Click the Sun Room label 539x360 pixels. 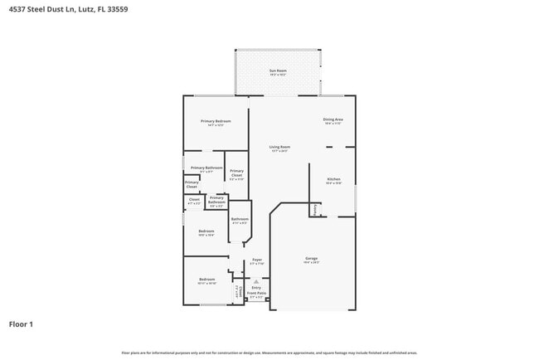point(277,71)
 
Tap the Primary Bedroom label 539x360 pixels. point(216,121)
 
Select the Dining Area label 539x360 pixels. point(333,119)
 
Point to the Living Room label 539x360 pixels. point(279,147)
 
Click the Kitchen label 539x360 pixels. point(333,179)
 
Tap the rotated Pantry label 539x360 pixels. point(314,211)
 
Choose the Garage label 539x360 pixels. point(312,258)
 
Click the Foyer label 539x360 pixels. point(257,260)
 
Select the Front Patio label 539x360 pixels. point(256,293)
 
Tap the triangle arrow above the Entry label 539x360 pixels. point(256,281)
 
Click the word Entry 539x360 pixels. point(256,287)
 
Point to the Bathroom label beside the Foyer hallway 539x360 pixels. point(240,219)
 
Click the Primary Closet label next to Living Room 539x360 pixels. point(236,173)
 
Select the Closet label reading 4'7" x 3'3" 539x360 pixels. point(194,198)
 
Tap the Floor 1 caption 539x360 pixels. point(21,324)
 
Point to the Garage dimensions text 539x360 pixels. point(312,263)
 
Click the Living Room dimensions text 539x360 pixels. point(279,151)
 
